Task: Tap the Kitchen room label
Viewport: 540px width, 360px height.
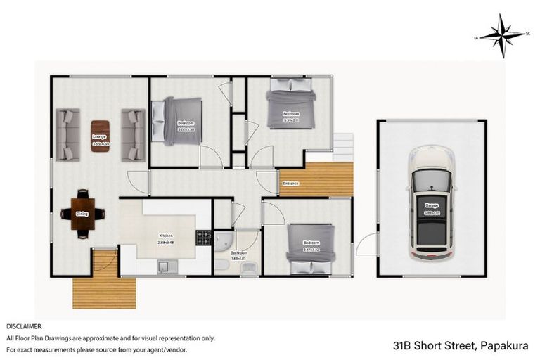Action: [166, 236]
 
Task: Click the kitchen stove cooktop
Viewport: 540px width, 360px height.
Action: [203, 238]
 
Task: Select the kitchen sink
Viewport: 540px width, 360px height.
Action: [165, 266]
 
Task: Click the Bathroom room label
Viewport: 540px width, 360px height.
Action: [238, 253]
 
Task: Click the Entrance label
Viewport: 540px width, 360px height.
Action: [290, 184]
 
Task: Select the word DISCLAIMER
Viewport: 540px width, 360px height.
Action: [25, 327]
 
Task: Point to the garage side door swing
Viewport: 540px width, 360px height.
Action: [366, 246]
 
